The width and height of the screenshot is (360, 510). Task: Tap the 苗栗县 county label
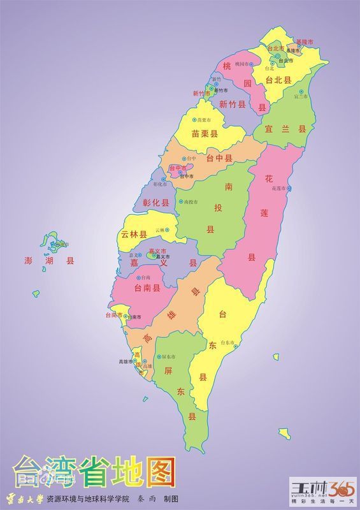click(x=205, y=134)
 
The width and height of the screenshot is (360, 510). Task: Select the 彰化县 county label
click(x=156, y=203)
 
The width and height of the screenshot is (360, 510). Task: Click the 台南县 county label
click(x=147, y=288)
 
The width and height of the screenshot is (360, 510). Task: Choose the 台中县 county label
click(x=219, y=157)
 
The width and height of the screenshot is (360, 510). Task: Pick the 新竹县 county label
click(x=232, y=105)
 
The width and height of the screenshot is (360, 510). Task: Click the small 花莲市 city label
click(x=280, y=189)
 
